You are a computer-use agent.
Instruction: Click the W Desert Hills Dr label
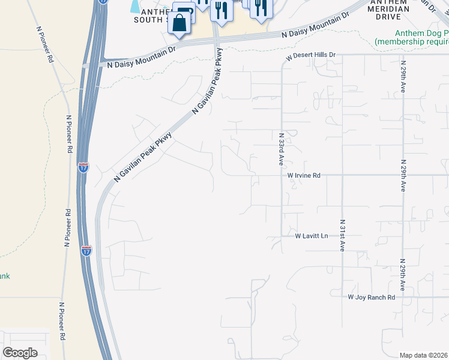[x=310, y=55]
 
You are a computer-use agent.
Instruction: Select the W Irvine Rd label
[x=304, y=175]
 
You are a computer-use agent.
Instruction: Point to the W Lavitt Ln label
[x=312, y=236]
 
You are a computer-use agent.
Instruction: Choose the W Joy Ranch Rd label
[x=372, y=297]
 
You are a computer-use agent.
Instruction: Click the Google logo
[x=20, y=352]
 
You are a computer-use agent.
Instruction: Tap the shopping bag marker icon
[x=179, y=24]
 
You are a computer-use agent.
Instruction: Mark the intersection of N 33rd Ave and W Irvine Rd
[x=282, y=175]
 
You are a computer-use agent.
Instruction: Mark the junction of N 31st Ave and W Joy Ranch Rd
[x=342, y=297]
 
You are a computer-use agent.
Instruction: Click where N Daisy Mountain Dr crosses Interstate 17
[x=91, y=65]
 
